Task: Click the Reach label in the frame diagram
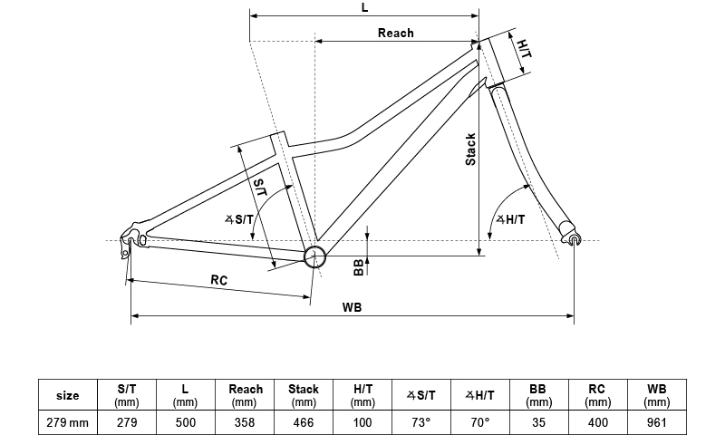tap(395, 33)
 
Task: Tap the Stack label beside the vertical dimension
tap(470, 150)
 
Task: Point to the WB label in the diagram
tap(353, 307)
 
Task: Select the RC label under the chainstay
tap(218, 280)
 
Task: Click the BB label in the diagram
tap(359, 266)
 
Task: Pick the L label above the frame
tap(364, 7)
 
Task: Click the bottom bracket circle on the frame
tap(314, 256)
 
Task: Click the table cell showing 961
tap(657, 421)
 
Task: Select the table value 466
tap(304, 421)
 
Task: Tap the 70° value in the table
tap(480, 421)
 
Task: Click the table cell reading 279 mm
tap(67, 421)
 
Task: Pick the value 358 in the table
tap(245, 421)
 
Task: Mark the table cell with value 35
tap(539, 421)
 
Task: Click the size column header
tap(67, 395)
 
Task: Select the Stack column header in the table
tap(304, 395)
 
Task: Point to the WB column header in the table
tap(657, 395)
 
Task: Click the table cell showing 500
tap(186, 421)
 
